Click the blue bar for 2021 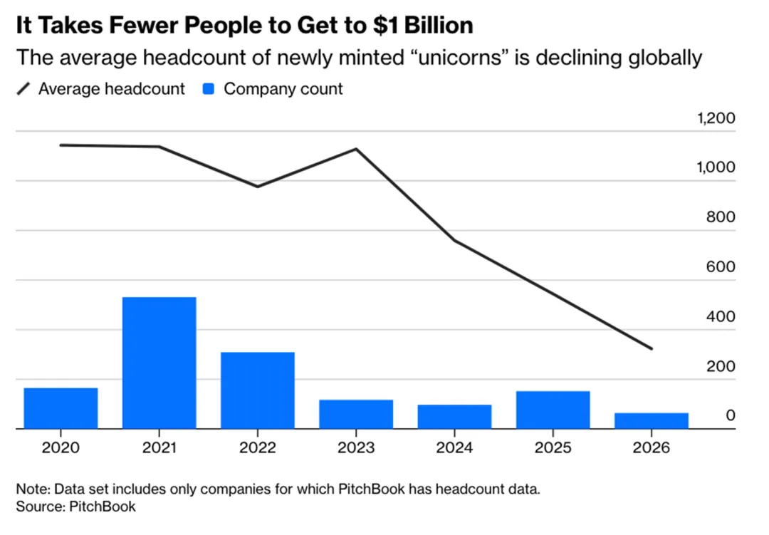(159, 363)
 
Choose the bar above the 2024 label (454, 417)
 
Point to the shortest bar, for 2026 (652, 421)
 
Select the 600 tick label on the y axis (720, 267)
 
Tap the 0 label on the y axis (730, 415)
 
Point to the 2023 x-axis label (356, 449)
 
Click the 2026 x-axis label (652, 449)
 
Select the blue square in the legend (209, 89)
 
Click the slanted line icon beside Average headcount (25, 89)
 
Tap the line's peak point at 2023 (356, 150)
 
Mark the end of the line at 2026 (652, 348)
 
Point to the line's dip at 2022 (258, 186)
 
